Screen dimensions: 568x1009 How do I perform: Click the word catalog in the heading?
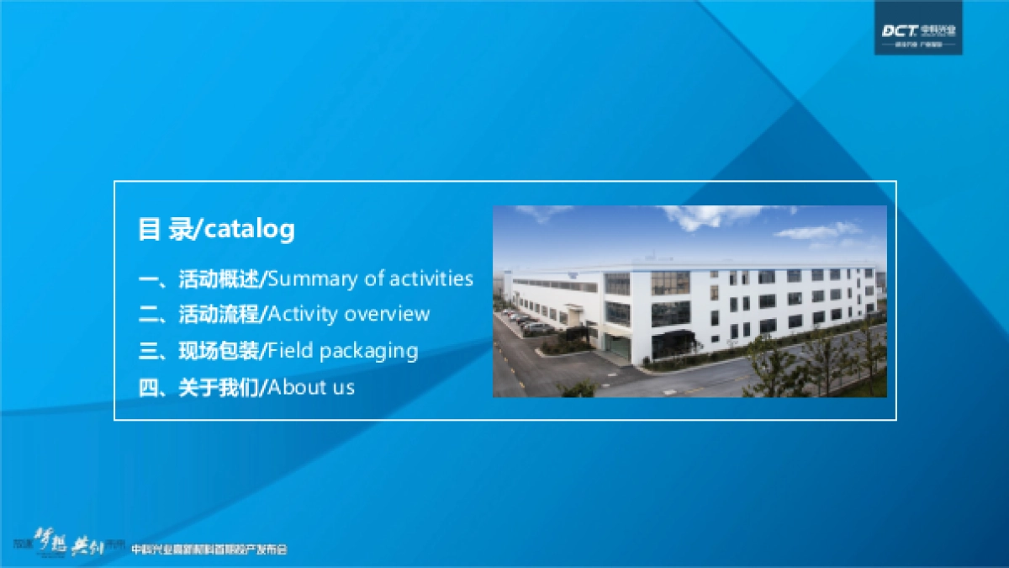click(250, 229)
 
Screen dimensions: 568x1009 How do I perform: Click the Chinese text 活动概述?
click(219, 279)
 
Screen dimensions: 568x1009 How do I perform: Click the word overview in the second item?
click(387, 315)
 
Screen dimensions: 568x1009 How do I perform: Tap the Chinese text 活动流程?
click(219, 315)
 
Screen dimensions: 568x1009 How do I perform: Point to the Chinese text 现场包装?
click(219, 351)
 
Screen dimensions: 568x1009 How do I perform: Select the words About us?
click(311, 388)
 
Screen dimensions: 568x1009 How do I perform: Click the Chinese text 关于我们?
click(219, 388)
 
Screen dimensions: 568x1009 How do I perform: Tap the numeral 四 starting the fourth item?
click(148, 388)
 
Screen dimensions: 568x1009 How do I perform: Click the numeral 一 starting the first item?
click(148, 279)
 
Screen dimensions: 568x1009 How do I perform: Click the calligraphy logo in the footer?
click(67, 543)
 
